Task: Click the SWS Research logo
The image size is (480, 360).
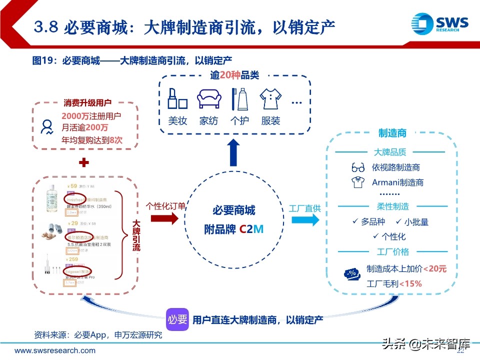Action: [439, 23]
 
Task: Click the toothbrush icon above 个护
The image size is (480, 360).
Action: [239, 99]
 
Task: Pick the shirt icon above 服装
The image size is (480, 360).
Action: [271, 99]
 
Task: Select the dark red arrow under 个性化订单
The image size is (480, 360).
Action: [164, 218]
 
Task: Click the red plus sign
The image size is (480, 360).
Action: [84, 163]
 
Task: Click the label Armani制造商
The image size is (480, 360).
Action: [397, 182]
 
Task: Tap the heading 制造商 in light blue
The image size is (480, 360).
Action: [392, 133]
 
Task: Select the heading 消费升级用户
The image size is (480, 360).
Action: [87, 103]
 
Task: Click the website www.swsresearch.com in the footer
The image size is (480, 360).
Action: [54, 350]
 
